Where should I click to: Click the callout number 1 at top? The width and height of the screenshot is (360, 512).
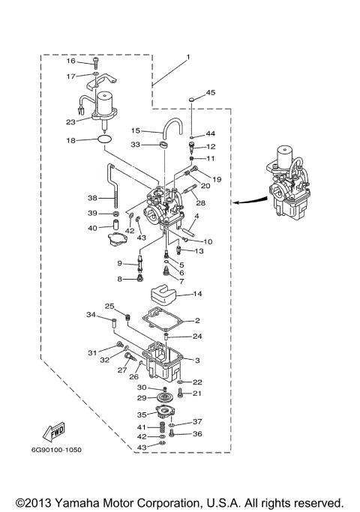[188, 58]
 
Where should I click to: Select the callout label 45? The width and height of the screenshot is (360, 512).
[210, 92]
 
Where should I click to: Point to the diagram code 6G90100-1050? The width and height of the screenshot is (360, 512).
[57, 450]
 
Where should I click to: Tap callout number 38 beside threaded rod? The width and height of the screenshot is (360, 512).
[92, 198]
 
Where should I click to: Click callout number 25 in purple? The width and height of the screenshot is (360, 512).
[108, 307]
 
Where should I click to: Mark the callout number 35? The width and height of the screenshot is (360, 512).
[141, 414]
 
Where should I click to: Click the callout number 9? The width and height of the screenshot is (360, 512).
[119, 263]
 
